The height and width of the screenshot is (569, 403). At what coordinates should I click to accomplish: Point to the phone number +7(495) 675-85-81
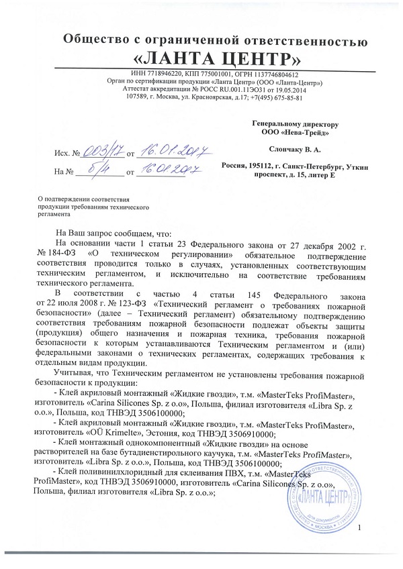[x=275, y=97]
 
